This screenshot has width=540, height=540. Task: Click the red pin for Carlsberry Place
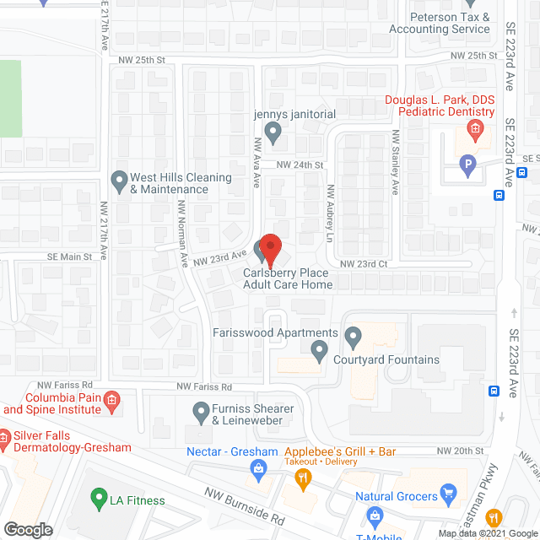(270, 249)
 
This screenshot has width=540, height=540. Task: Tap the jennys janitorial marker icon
(273, 131)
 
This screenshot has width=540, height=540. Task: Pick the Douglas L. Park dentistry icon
(475, 129)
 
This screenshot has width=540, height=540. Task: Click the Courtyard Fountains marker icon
(319, 348)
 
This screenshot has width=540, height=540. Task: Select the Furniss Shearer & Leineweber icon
(201, 412)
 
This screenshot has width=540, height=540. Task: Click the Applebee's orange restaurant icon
(301, 478)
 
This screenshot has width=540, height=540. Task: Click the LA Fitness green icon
(99, 499)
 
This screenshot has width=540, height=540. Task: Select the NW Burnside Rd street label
(246, 505)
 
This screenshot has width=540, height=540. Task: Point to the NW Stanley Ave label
(394, 163)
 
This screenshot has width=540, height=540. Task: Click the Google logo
(28, 529)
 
